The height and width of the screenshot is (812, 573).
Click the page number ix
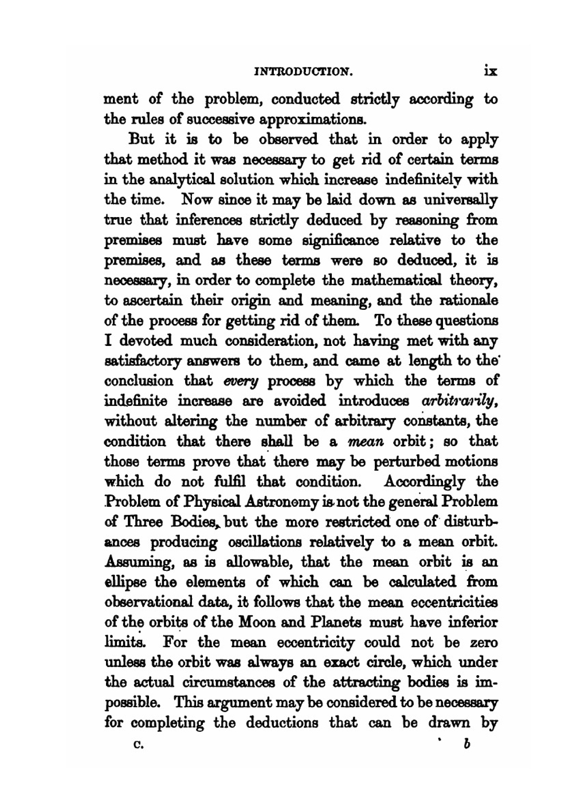[x=490, y=71]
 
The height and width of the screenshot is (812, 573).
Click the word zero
[x=482, y=642]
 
